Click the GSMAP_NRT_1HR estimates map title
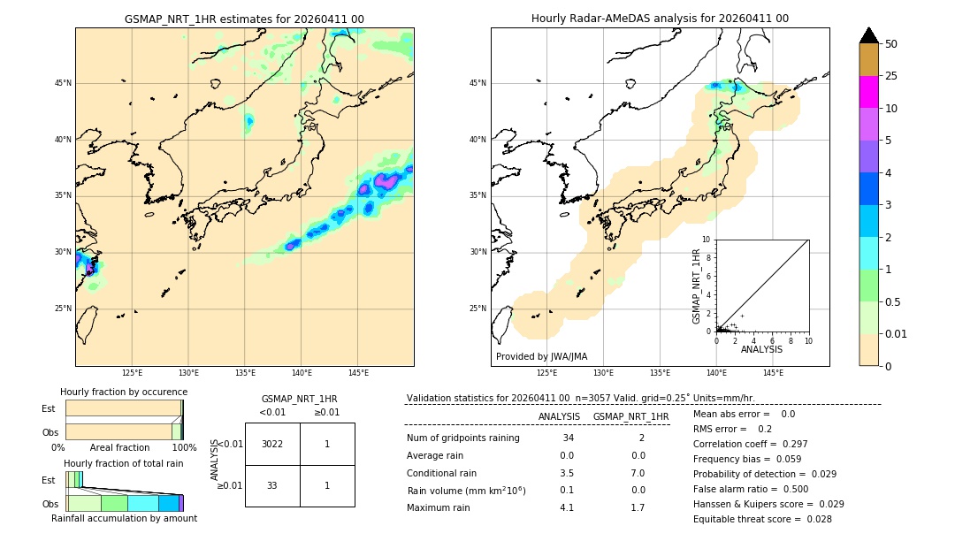[244, 19]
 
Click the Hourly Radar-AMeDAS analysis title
[660, 19]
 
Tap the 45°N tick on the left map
[63, 83]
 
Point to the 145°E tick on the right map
[773, 373]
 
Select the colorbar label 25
[891, 76]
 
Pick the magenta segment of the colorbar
[869, 92]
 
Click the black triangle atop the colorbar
[869, 35]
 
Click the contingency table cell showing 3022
[272, 444]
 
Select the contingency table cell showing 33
[272, 485]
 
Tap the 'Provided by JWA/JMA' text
[541, 357]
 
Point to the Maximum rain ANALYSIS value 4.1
[567, 507]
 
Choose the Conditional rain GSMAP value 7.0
[638, 473]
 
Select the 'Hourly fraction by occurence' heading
[124, 392]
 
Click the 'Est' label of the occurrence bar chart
[48, 408]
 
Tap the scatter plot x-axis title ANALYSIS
[761, 349]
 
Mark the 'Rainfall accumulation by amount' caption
[124, 518]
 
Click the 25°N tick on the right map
[478, 309]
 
